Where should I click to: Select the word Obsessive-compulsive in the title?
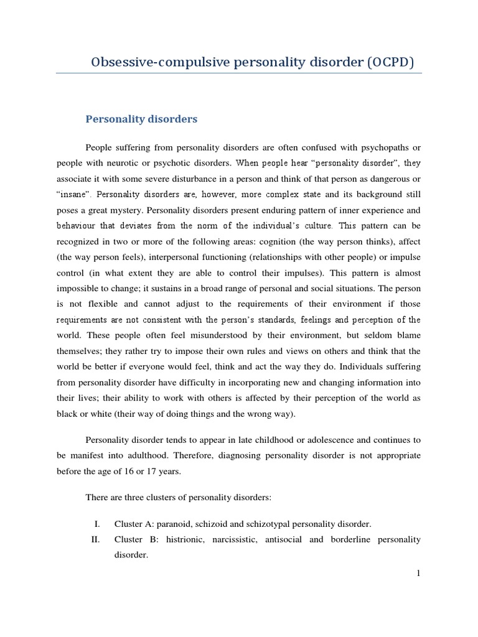(x=148, y=62)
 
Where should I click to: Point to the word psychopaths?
(x=375, y=147)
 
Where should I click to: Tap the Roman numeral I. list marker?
(x=96, y=524)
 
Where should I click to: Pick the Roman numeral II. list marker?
(x=95, y=539)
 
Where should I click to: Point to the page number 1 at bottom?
(x=419, y=573)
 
